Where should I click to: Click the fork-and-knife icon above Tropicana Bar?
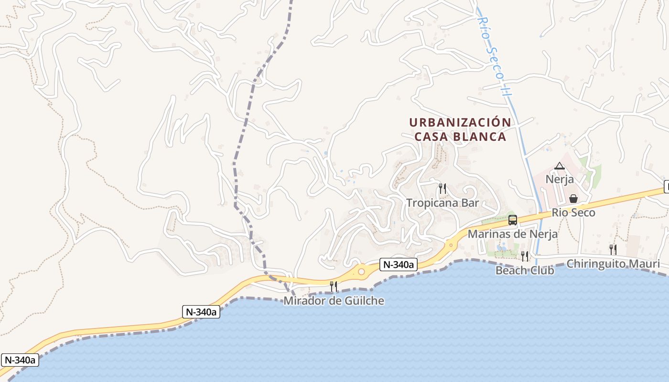click(442, 189)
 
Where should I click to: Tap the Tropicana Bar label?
click(442, 203)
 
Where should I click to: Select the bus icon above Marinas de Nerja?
click(513, 220)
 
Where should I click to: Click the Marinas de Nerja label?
click(513, 234)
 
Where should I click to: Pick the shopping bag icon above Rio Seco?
click(573, 198)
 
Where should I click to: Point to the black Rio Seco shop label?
click(573, 212)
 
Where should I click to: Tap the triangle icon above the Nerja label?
click(560, 166)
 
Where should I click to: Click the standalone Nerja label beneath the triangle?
click(560, 180)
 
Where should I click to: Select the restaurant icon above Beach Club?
click(525, 256)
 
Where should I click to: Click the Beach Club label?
click(525, 270)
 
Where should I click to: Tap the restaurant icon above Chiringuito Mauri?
click(613, 249)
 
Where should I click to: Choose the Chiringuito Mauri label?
click(613, 264)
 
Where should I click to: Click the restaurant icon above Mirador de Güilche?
click(334, 286)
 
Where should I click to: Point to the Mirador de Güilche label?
click(334, 301)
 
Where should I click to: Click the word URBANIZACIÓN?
click(460, 122)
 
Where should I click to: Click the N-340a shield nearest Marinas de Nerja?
click(399, 265)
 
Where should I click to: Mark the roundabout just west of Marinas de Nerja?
click(450, 245)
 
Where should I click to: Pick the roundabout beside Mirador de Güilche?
click(361, 272)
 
